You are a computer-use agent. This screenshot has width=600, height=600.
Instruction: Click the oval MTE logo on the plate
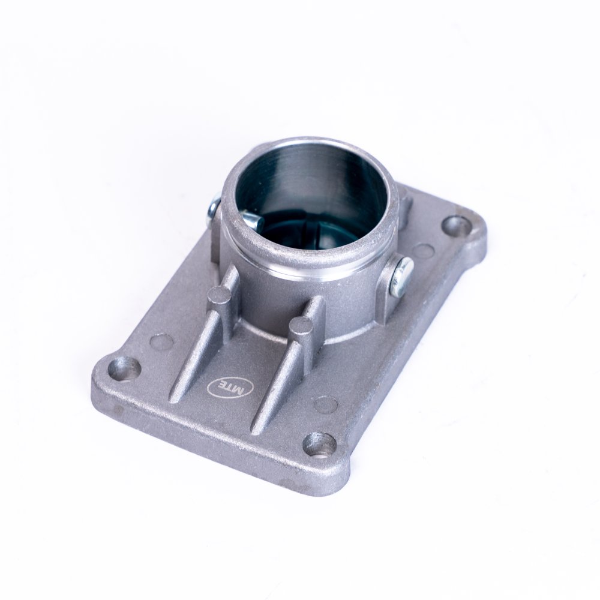(230, 387)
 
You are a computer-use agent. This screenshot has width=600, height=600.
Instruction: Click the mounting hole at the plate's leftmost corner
(124, 368)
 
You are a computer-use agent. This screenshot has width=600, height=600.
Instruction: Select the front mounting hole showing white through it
(320, 445)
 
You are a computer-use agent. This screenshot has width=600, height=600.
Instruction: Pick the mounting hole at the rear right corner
(456, 226)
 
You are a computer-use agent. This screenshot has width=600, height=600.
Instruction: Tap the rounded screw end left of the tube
(213, 211)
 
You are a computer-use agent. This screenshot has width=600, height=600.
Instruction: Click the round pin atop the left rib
(219, 295)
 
